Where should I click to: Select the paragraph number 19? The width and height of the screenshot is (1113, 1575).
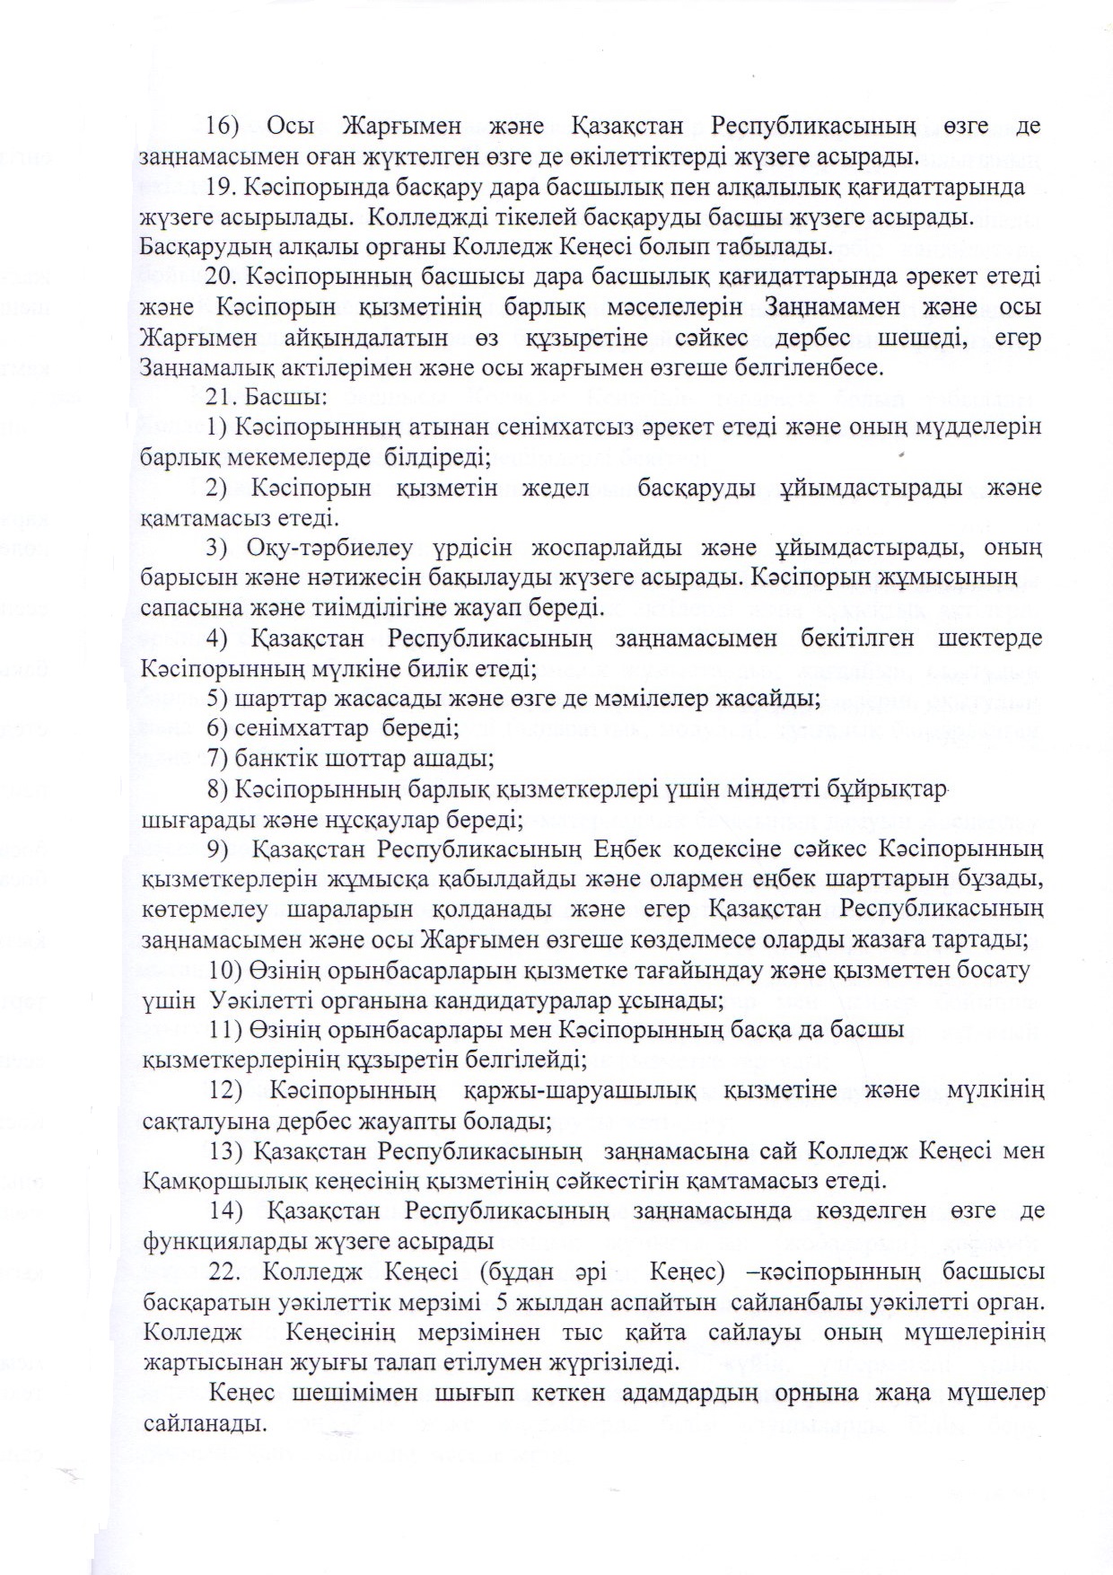222,188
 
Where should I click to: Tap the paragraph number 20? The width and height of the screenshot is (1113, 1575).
222,275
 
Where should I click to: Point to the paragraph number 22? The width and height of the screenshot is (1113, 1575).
223,1272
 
